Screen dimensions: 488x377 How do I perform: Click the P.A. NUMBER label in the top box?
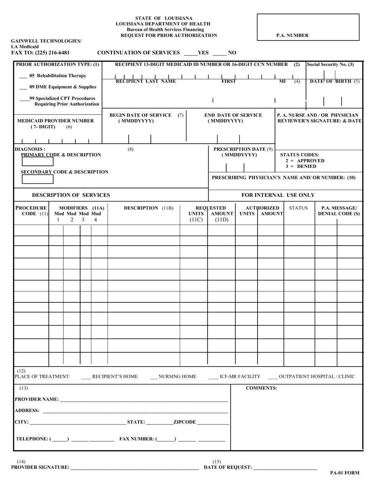[292, 35]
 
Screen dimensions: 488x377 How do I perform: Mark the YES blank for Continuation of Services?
[190, 53]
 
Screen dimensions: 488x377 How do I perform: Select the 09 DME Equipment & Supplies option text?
[63, 87]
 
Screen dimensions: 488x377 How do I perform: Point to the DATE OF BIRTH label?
[335, 81]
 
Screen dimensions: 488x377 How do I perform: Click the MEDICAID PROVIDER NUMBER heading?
[56, 121]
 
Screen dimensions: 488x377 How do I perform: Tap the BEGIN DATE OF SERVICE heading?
[140, 115]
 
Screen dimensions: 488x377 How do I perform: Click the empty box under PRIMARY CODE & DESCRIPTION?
[37, 161]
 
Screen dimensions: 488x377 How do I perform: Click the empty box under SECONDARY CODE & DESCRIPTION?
[37, 179]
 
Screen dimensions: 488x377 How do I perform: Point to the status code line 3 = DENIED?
[301, 166]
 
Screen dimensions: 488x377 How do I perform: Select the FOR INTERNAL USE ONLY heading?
[278, 195]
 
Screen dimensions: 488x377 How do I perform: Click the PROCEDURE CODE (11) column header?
[31, 211]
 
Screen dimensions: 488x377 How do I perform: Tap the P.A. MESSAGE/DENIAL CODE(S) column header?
[339, 211]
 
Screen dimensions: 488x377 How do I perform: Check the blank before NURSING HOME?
[154, 377]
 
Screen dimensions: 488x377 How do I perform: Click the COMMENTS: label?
[262, 388]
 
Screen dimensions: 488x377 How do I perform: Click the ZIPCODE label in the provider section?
[185, 422]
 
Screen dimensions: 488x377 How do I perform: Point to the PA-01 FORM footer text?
[344, 473]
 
